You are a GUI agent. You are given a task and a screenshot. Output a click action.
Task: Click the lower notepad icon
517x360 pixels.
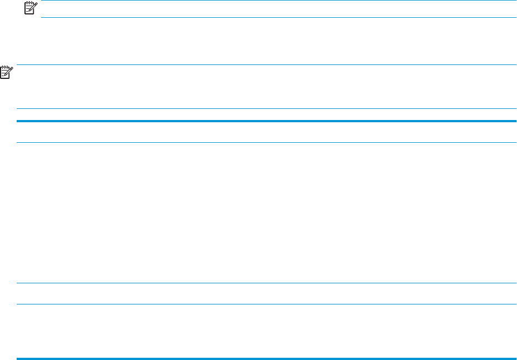point(6,71)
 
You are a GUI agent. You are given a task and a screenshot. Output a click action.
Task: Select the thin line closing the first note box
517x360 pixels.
point(278,17)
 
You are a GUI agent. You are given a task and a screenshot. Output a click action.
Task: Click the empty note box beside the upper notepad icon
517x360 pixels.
point(278,9)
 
